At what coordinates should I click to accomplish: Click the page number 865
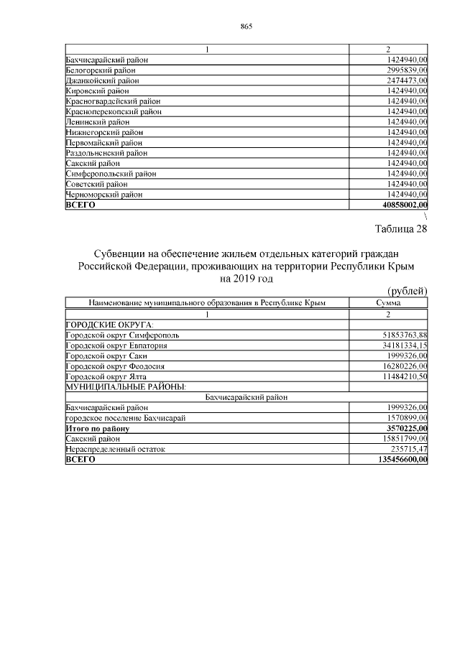pyautogui.click(x=246, y=27)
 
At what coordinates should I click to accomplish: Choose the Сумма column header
pyautogui.click(x=388, y=304)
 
